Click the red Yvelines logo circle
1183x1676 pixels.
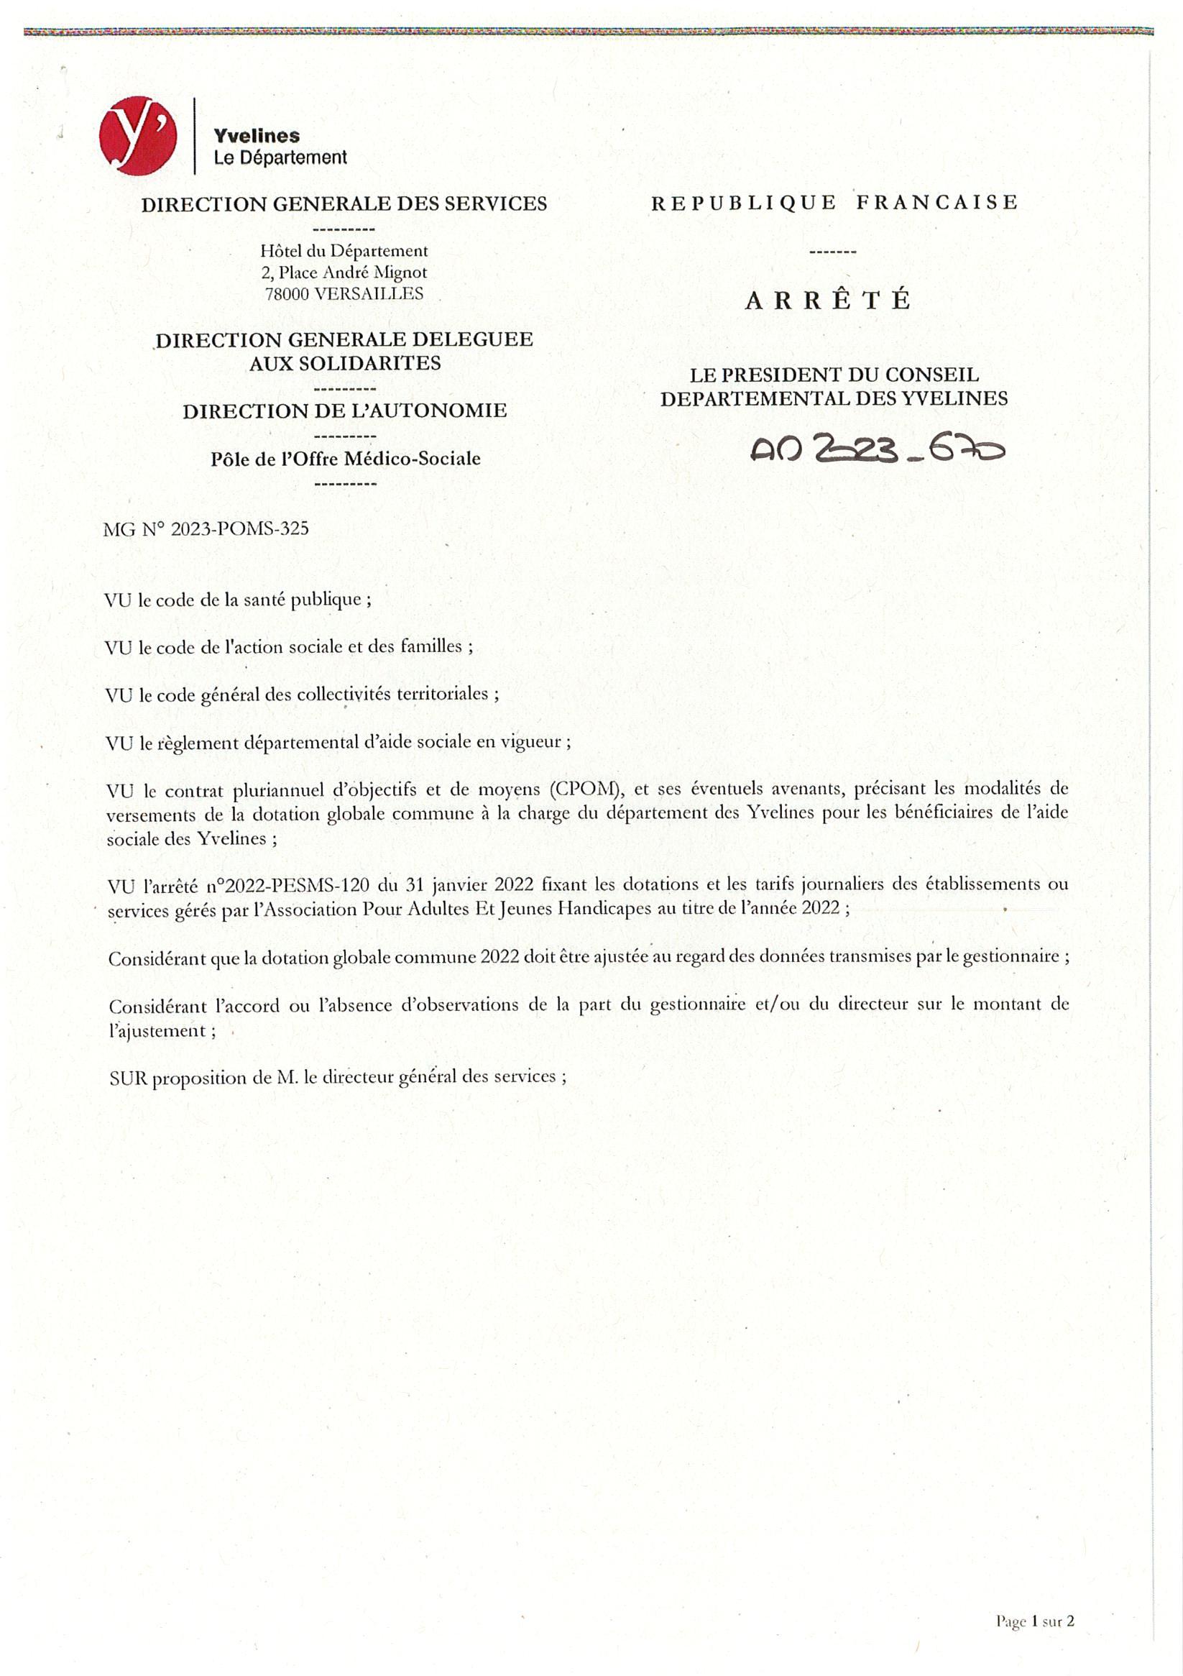(x=138, y=136)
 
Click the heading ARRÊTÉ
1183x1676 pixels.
(x=827, y=301)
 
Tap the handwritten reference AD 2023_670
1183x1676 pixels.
(x=877, y=451)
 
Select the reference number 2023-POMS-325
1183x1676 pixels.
(x=239, y=528)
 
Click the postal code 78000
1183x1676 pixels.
(x=286, y=293)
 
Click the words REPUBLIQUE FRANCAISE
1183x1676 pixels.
(x=834, y=202)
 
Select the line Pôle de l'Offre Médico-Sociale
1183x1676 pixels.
(x=345, y=459)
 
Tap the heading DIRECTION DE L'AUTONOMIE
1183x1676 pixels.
(x=344, y=411)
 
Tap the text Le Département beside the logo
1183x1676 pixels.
(x=280, y=157)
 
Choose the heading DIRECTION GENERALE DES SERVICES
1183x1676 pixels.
(x=344, y=203)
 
